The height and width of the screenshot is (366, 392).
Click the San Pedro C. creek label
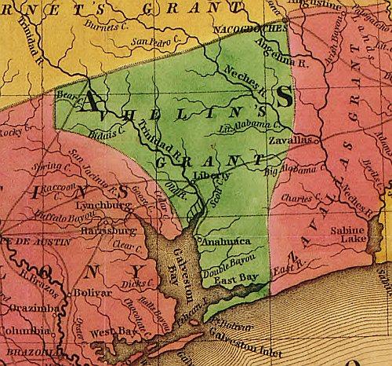coord(150,42)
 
